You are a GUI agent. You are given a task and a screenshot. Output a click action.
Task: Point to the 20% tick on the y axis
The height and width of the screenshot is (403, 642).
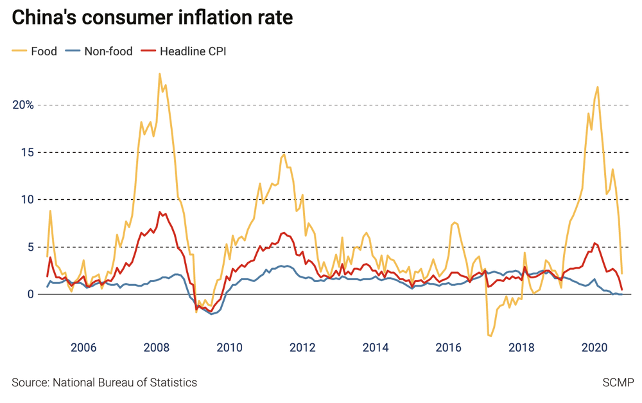click(x=24, y=105)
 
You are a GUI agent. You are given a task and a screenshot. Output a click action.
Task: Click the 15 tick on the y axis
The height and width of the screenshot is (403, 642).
click(x=28, y=152)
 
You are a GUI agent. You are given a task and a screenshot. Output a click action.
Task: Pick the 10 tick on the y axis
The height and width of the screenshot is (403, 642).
click(x=28, y=199)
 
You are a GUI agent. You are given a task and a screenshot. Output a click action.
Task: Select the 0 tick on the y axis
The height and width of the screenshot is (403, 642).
click(x=30, y=294)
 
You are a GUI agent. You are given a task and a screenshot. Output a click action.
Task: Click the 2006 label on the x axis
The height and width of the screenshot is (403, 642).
click(x=83, y=348)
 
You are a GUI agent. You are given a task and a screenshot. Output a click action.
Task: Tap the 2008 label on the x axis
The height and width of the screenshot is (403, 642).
click(x=157, y=348)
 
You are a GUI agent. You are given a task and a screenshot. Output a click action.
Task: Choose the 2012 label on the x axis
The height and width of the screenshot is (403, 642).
click(x=302, y=348)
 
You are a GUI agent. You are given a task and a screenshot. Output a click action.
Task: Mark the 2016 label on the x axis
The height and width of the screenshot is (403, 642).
click(x=449, y=348)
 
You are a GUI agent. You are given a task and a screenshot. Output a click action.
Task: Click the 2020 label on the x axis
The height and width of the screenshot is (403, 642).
click(x=594, y=348)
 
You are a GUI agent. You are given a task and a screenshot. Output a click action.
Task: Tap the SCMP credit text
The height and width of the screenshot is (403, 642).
click(x=617, y=382)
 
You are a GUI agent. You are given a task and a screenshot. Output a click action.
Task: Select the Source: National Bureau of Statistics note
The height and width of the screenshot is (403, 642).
click(x=104, y=382)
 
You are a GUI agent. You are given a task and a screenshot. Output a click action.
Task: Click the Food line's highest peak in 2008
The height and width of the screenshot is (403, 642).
click(x=159, y=74)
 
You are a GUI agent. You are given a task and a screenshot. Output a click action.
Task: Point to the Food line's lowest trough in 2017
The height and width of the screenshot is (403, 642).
click(x=491, y=336)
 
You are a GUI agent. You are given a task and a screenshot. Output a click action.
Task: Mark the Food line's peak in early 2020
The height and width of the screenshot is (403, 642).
click(x=598, y=87)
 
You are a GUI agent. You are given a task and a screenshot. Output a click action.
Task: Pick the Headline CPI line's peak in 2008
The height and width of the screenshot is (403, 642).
click(x=160, y=212)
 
